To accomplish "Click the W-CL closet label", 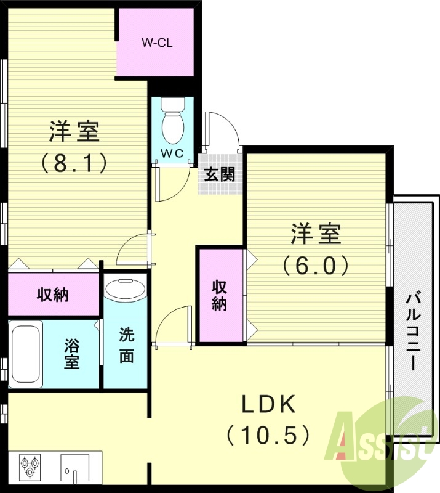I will coord(156,43).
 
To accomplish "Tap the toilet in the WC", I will coord(172,124).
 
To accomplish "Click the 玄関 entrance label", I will coord(219,174).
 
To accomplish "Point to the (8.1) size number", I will coord(74,163).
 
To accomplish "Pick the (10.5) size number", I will coord(267,436).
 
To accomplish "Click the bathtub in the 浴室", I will coord(25,354).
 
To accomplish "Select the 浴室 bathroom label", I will coord(72,353).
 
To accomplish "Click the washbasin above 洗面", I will coord(125,288).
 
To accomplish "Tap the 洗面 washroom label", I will coord(126,346).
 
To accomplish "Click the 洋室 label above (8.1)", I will coord(74,131).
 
